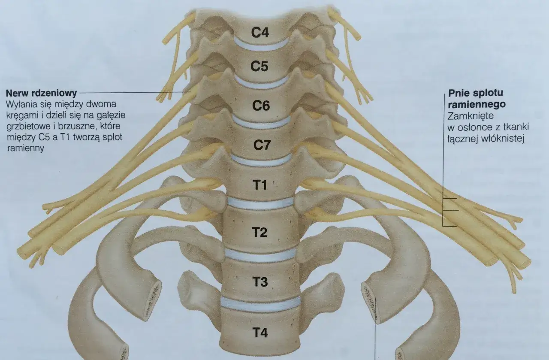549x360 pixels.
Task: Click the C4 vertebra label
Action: click(260, 32)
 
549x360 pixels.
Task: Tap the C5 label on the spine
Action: click(259, 66)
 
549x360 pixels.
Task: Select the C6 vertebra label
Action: click(261, 106)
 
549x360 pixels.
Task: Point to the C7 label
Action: click(262, 145)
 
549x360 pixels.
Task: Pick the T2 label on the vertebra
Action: click(260, 232)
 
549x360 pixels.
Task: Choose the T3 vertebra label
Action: click(260, 282)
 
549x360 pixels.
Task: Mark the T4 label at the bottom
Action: click(260, 333)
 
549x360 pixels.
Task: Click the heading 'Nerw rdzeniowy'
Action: click(41, 93)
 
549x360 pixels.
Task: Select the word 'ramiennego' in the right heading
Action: click(477, 104)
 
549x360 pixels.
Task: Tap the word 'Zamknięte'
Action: click(471, 116)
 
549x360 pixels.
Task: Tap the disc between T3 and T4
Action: click(260, 305)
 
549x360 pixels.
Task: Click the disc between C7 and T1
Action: click(261, 160)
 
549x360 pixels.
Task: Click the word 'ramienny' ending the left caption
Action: click(25, 148)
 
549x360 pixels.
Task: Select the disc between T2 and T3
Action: click(260, 256)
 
